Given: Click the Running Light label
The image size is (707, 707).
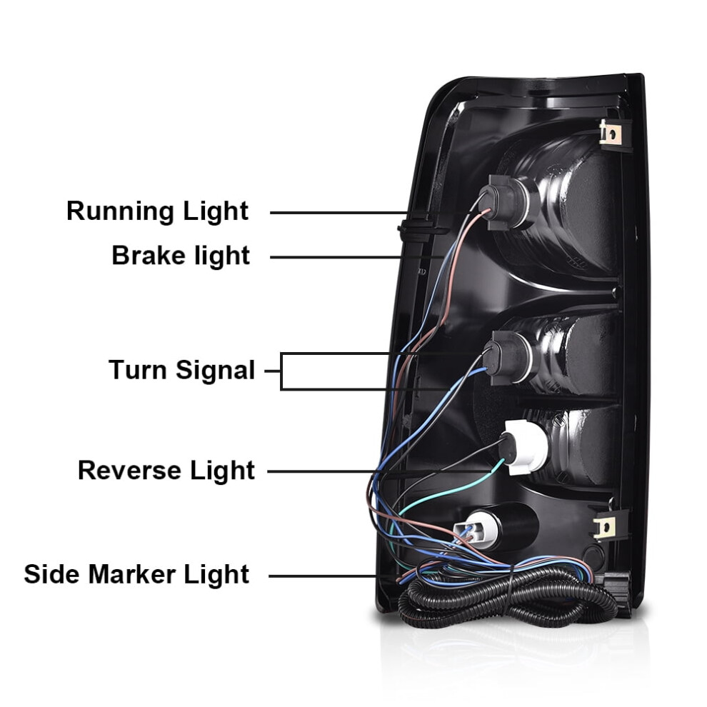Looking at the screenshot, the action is coord(157,211).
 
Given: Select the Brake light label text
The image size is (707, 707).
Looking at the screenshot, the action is coord(181,255).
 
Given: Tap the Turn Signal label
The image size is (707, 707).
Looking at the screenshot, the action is coord(181,370).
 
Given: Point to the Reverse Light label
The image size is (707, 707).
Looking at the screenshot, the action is coord(166,471).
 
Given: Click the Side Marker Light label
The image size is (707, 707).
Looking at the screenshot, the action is coord(136,574).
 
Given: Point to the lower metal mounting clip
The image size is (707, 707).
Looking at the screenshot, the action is coord(605,526).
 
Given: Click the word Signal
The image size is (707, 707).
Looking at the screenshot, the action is coord(216,370).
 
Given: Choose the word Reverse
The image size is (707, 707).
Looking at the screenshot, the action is coord(130,471).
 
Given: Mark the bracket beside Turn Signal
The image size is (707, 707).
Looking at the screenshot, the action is coord(281,371).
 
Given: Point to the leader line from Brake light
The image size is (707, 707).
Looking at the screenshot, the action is coord(356,257).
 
